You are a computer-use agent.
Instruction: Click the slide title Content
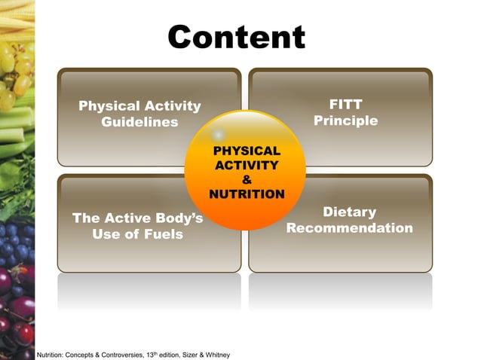tap(236, 36)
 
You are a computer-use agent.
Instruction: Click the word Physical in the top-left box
tap(107, 106)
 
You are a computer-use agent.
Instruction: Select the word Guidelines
tap(139, 122)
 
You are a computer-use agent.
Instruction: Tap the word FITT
tap(345, 104)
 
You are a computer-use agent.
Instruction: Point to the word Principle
tap(345, 121)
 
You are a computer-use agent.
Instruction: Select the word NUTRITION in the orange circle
tap(247, 194)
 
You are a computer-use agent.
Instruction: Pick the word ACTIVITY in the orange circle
tap(247, 165)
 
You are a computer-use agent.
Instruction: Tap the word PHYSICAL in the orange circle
tap(247, 151)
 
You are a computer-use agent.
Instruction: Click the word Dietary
tap(349, 212)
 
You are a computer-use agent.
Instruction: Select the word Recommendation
tap(349, 228)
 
